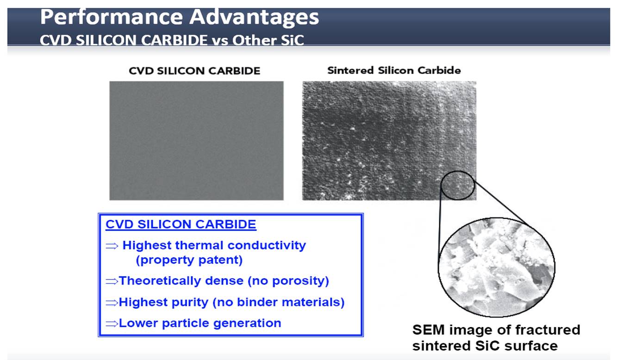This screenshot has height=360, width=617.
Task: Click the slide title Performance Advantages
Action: pyautogui.click(x=179, y=18)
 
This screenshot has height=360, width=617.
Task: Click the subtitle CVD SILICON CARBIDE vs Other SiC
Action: pyautogui.click(x=171, y=40)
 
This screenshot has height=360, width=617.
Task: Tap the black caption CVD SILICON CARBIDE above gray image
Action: pyautogui.click(x=194, y=71)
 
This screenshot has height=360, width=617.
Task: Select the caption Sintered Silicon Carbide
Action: pyautogui.click(x=394, y=70)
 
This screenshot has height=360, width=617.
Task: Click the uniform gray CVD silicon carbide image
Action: pyautogui.click(x=196, y=141)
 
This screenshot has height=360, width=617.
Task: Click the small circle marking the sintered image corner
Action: pyautogui.click(x=457, y=184)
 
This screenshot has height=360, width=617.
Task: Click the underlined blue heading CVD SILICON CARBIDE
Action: pyautogui.click(x=181, y=225)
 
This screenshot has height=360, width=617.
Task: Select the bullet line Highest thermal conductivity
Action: pyautogui.click(x=213, y=245)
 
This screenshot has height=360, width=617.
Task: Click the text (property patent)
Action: pyautogui.click(x=189, y=260)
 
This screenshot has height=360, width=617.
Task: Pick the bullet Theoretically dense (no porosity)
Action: pyautogui.click(x=224, y=281)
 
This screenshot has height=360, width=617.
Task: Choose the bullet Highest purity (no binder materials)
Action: pyautogui.click(x=231, y=303)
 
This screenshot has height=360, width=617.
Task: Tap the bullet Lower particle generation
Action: pyautogui.click(x=199, y=323)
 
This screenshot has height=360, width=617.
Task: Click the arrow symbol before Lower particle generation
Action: pyautogui.click(x=112, y=323)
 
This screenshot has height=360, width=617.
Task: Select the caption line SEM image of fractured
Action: pyautogui.click(x=496, y=330)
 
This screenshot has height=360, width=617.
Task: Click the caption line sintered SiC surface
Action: pyautogui.click(x=485, y=346)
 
